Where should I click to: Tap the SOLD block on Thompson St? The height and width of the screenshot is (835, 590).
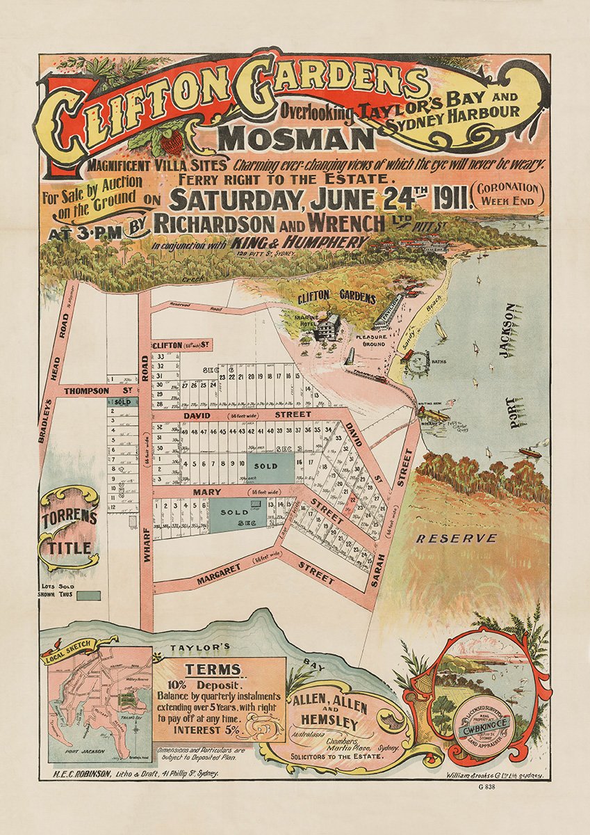coord(122,402)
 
